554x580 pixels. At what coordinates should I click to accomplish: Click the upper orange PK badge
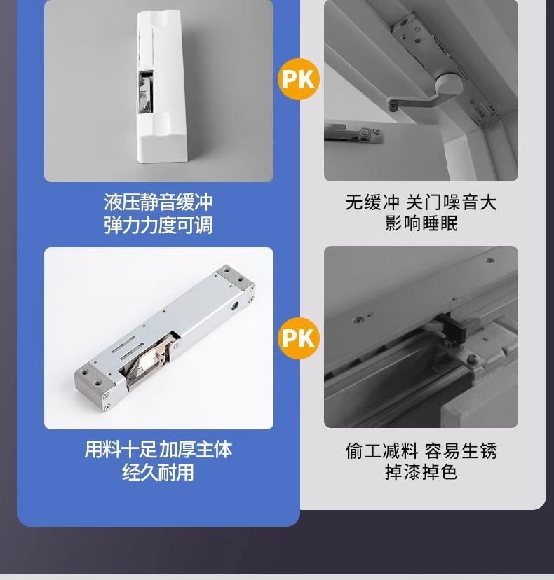(x=299, y=78)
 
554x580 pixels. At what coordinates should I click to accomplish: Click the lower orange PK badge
(x=299, y=338)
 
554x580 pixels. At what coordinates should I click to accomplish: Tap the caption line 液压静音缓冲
(x=158, y=202)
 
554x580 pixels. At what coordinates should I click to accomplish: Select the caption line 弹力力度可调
(x=158, y=225)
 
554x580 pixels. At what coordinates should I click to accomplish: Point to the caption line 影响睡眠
(x=421, y=223)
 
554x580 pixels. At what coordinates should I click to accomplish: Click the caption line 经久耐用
(x=158, y=472)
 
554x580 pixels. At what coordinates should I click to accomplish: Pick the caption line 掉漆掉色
(x=421, y=472)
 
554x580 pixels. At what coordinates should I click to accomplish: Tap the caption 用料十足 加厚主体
(x=158, y=450)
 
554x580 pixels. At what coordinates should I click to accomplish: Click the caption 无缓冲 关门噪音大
(x=421, y=202)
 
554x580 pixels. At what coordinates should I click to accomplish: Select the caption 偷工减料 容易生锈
(x=421, y=450)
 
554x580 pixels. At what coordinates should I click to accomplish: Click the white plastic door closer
(x=161, y=87)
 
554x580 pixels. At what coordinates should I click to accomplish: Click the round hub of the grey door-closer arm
(x=448, y=85)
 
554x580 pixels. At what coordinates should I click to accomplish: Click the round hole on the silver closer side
(x=235, y=306)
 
